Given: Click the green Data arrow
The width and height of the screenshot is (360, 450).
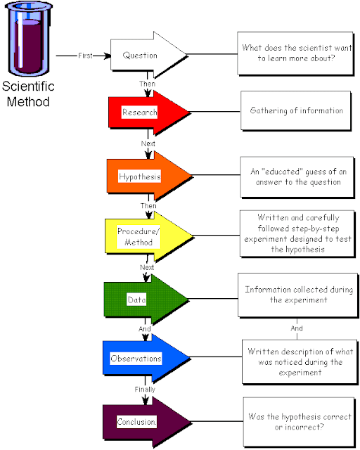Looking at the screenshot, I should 144,300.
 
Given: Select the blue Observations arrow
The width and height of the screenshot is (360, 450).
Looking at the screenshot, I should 144,359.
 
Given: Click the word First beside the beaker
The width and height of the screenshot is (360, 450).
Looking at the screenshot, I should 85,55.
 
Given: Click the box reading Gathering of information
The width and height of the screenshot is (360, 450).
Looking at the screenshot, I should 297,111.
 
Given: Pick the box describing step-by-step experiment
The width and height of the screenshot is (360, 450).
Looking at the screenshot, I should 297,236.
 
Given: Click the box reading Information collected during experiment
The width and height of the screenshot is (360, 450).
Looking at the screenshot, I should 297,295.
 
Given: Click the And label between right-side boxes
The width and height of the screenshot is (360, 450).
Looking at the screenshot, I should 297,328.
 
